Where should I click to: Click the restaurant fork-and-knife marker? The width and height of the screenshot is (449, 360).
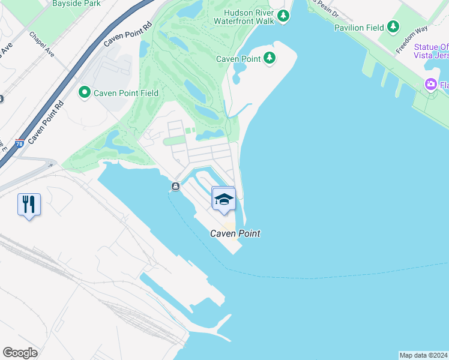click(x=29, y=205)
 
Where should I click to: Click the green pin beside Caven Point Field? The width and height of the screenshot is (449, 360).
click(x=84, y=92)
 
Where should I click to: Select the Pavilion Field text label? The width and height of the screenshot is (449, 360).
click(x=359, y=27)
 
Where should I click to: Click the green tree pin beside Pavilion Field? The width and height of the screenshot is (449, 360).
click(x=393, y=26)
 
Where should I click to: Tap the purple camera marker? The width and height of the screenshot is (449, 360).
click(x=430, y=85)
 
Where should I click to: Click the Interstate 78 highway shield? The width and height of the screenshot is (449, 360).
click(x=20, y=144)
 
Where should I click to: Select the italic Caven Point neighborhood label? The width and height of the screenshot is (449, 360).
click(x=235, y=234)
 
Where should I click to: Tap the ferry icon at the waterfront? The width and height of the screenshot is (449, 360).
click(x=175, y=187)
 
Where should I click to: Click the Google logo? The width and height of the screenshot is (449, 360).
click(x=20, y=353)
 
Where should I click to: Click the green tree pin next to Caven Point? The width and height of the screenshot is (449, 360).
click(x=270, y=58)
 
